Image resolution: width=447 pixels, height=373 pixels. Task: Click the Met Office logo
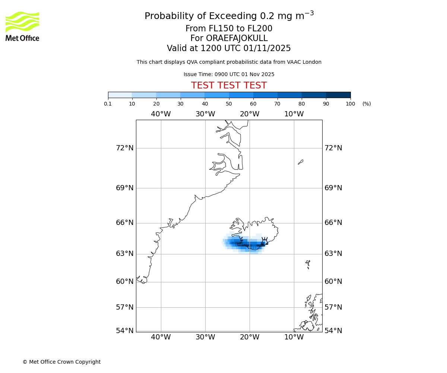pos(22,26)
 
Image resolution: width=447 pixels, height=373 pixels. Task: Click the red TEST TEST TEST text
pos(229,85)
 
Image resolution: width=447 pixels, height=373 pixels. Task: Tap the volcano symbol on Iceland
pos(264,241)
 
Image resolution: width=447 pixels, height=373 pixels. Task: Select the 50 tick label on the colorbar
pos(229,104)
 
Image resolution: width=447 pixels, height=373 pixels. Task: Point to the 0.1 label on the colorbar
pos(108,104)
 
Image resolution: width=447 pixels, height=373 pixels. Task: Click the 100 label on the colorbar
pos(350,104)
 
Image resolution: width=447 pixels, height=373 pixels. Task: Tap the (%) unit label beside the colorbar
pos(367,104)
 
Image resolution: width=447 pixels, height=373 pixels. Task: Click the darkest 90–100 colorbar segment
pos(338,95)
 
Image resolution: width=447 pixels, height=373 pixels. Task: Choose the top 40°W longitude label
pos(161,114)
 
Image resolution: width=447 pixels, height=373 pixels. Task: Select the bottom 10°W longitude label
pos(294,337)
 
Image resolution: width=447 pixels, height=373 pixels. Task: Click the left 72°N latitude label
pos(125,148)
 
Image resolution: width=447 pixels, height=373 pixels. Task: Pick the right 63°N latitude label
pos(333,254)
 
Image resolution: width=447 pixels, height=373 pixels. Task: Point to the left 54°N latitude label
pos(125,330)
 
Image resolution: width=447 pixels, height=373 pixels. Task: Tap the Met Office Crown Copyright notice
pos(61,362)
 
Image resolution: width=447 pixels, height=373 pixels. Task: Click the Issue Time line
pos(229,74)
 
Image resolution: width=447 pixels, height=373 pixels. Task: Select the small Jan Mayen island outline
pos(301,162)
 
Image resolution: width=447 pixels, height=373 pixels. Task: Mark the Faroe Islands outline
pos(308,264)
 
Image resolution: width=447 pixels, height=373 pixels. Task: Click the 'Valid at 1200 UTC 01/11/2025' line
pos(229,48)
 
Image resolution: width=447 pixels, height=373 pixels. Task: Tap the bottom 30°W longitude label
pos(205,337)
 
